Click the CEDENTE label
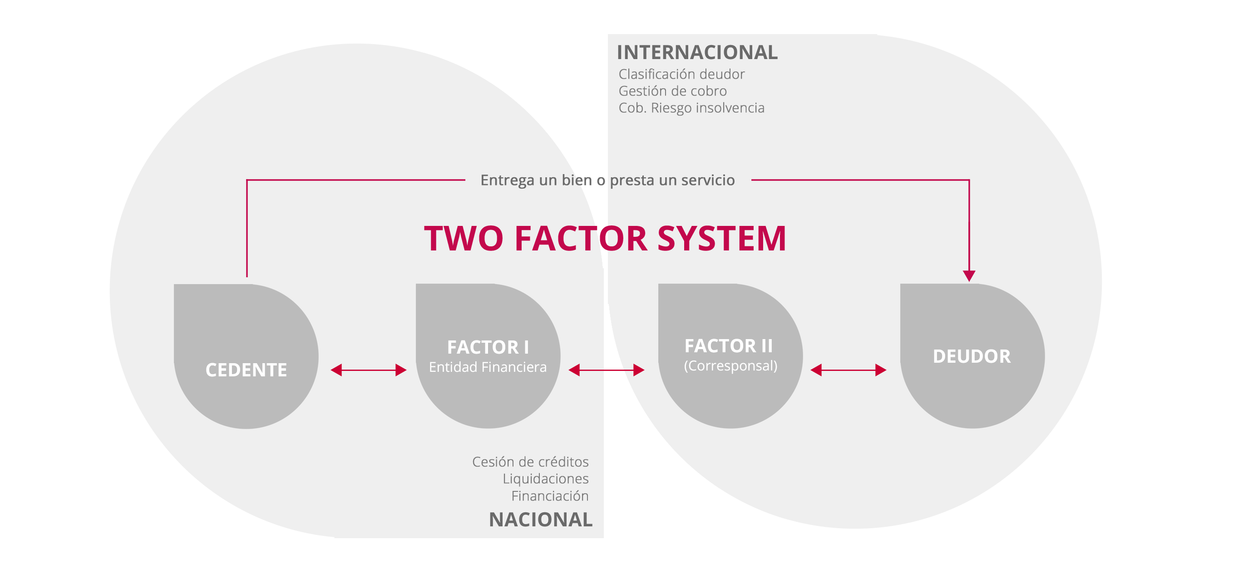(x=246, y=370)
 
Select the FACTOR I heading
(x=488, y=347)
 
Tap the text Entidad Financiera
(x=488, y=367)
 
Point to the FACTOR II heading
(x=729, y=345)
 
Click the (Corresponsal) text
(x=730, y=365)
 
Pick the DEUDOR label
(x=972, y=356)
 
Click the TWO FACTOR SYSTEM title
(x=605, y=239)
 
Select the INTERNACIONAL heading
(x=697, y=52)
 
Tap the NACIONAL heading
(x=541, y=520)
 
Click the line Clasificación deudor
(x=681, y=74)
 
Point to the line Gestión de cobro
(x=673, y=91)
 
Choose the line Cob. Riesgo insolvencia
(x=691, y=108)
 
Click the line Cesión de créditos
(x=530, y=461)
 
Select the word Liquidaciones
(x=546, y=479)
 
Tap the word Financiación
(x=550, y=495)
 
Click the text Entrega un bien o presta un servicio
(x=607, y=180)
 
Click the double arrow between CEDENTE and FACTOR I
(x=368, y=370)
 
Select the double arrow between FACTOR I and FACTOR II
(x=607, y=370)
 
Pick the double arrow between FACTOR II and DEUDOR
(x=848, y=370)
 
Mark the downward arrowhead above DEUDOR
(x=969, y=275)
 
